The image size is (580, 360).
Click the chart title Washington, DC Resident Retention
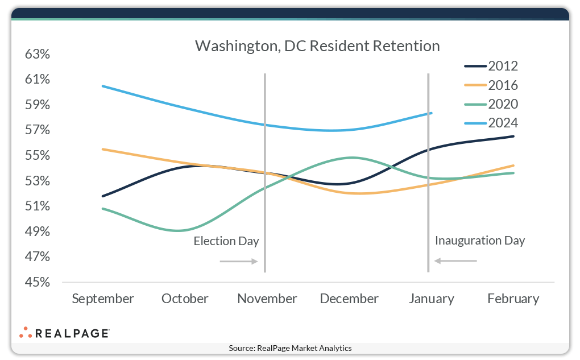tap(317, 46)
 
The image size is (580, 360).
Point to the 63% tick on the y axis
tap(38, 55)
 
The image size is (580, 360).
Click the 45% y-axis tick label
tap(38, 283)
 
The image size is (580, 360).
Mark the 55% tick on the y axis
tap(38, 156)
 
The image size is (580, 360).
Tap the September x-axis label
tap(103, 299)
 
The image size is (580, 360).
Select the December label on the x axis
tap(349, 299)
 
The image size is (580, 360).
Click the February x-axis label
tap(513, 299)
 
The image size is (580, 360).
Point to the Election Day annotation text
tap(226, 241)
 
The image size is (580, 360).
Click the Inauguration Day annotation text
tap(480, 240)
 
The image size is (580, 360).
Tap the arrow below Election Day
tap(239, 262)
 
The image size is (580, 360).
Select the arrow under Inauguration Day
tap(455, 261)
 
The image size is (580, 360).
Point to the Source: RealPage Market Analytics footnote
tap(290, 348)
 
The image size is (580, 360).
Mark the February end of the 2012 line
tap(513, 136)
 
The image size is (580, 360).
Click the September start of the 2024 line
tap(102, 86)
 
